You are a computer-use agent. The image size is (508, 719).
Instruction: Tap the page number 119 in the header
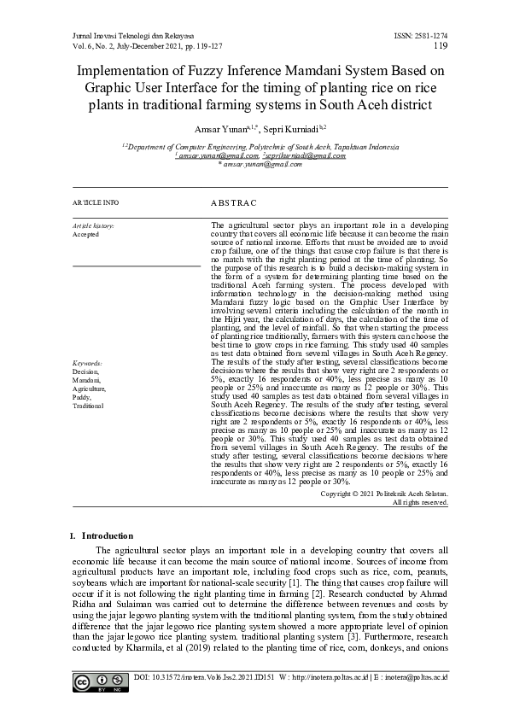coord(441,45)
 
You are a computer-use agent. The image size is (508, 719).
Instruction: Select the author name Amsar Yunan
coord(219,129)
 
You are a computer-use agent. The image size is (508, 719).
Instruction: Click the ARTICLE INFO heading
coord(96,202)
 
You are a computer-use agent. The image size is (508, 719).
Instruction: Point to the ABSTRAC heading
coord(233,203)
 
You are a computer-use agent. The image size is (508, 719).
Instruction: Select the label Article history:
coord(93,224)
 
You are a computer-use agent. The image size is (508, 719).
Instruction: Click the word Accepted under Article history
coord(85,233)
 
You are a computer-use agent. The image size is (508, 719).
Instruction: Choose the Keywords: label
coord(88,363)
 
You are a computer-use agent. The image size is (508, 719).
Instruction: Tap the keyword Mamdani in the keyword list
coord(86,380)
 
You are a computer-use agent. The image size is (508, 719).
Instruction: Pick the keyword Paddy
coord(83,397)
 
